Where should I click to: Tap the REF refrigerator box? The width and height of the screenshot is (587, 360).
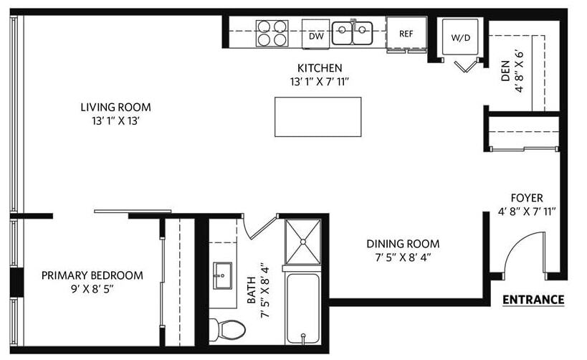coord(406,33)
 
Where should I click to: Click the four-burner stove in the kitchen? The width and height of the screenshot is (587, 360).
coord(272,33)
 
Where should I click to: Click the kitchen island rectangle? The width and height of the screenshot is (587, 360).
coord(318,117)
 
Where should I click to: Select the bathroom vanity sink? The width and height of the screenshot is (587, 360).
coord(223,275)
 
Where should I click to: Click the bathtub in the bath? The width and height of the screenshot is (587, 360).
coord(305,306)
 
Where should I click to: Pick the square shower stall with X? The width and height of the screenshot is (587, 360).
coord(305,241)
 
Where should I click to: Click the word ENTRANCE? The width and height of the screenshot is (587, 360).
coord(533,300)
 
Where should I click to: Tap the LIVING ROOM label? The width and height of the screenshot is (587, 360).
coord(115,108)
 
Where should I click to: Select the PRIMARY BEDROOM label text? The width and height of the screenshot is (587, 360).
coord(92,275)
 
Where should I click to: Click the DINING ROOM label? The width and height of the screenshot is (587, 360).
coord(403,244)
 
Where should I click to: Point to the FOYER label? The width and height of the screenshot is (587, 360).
coord(526,198)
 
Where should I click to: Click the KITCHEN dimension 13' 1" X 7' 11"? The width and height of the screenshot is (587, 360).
coord(319,81)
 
